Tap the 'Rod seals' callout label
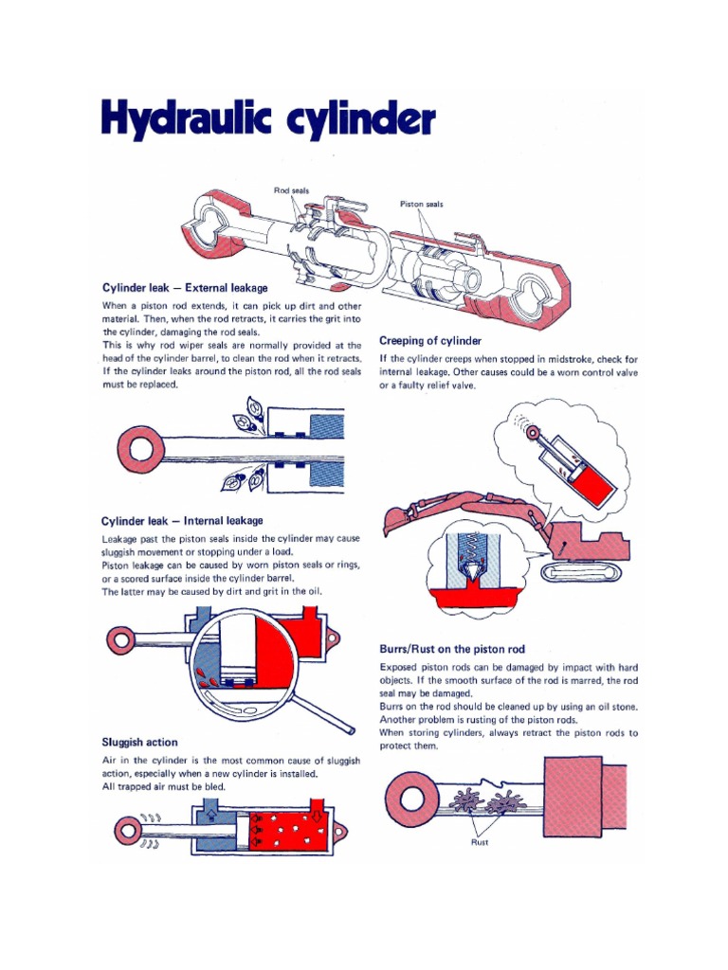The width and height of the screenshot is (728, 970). [x=291, y=190]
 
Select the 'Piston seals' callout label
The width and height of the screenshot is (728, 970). [x=421, y=204]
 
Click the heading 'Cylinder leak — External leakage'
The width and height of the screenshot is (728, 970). [x=185, y=287]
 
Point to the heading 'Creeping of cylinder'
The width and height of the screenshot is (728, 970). [x=430, y=340]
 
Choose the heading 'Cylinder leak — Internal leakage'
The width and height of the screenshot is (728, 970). [x=182, y=520]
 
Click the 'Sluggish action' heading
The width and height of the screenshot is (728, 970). [x=139, y=742]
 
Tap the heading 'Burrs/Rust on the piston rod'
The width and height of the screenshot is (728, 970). [x=451, y=649]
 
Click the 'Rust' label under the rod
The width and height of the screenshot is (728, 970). [x=480, y=842]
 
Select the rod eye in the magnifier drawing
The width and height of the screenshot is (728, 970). [x=121, y=640]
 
